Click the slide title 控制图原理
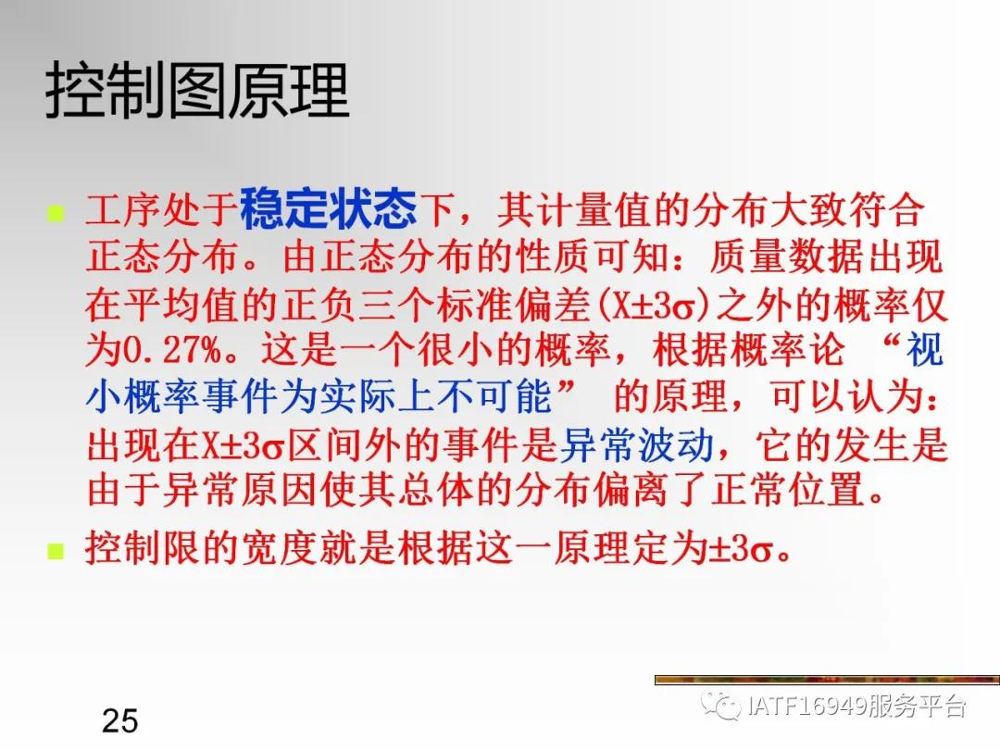coord(197,90)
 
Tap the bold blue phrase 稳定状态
coord(329,209)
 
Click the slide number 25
coord(119,719)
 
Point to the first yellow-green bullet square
coord(56,215)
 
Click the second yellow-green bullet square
coord(56,552)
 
